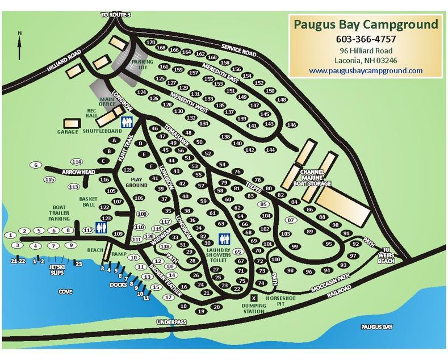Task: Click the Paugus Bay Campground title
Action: click(365, 25)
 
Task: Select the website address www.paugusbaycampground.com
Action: click(365, 70)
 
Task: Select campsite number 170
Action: click(150, 43)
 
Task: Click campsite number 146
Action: click(292, 125)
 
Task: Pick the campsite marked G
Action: click(36, 165)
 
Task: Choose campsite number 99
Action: click(294, 246)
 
